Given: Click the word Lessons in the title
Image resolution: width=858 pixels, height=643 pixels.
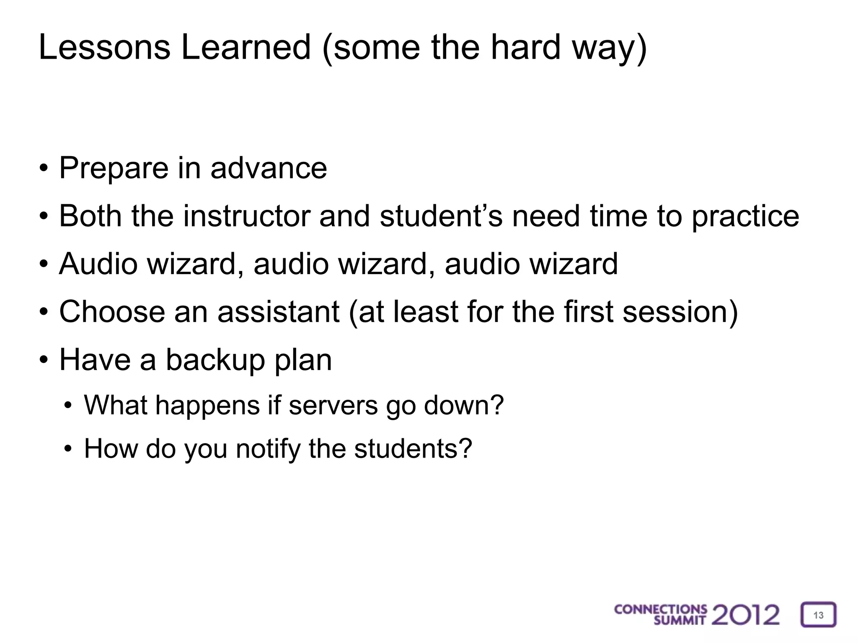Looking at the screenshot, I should tap(104, 47).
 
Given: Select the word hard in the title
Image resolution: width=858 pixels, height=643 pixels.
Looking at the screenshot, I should tap(525, 47).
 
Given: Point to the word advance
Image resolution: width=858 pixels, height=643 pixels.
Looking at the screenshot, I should tap(269, 169).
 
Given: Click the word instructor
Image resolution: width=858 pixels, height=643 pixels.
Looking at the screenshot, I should tap(247, 216).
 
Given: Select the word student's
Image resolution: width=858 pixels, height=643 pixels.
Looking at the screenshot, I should tap(441, 216).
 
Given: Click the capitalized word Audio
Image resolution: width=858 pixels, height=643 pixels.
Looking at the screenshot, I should tap(98, 264).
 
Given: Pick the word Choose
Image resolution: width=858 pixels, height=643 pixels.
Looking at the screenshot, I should tap(112, 312).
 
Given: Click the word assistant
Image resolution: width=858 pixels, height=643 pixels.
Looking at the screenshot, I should tap(278, 312).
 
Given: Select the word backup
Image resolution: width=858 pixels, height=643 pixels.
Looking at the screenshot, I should tap(216, 360).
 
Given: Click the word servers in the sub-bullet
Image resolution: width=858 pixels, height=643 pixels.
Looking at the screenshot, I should tap(333, 406).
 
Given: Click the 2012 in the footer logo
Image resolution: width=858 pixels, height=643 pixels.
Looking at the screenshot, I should tap(745, 615).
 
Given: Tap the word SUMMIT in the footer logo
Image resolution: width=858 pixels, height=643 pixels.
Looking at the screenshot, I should tap(680, 621).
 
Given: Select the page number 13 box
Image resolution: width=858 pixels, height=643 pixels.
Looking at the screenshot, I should tap(818, 615).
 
